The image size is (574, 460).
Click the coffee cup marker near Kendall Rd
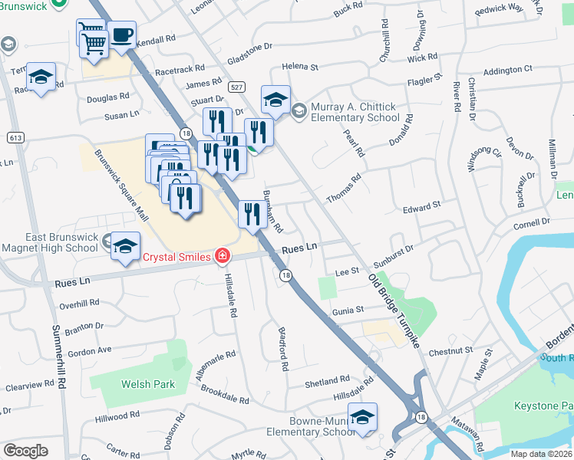121,35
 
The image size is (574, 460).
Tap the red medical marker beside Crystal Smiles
223,256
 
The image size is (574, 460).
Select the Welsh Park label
147,384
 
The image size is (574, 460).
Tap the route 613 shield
14,137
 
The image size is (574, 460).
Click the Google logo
25,450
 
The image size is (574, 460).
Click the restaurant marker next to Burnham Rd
252,214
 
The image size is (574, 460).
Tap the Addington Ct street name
508,70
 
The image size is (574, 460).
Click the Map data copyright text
540,454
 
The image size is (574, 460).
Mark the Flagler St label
425,79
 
